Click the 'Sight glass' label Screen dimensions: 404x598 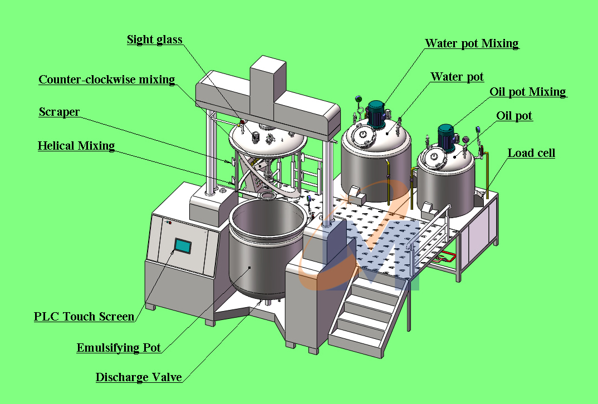click(154, 40)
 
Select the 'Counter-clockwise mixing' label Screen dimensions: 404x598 click(106, 80)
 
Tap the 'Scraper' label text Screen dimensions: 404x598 click(59, 112)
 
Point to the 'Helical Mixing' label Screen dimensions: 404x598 click(76, 146)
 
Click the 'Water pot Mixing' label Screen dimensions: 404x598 click(472, 43)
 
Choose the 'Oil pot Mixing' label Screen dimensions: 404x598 click(527, 92)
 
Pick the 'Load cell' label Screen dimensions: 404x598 click(531, 152)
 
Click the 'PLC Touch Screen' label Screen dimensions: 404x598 click(84, 317)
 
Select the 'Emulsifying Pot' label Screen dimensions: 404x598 click(119, 348)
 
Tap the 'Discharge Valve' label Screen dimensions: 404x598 click(139, 377)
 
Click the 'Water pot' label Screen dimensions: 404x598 click(457, 77)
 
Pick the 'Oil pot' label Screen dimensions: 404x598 click(514, 116)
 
